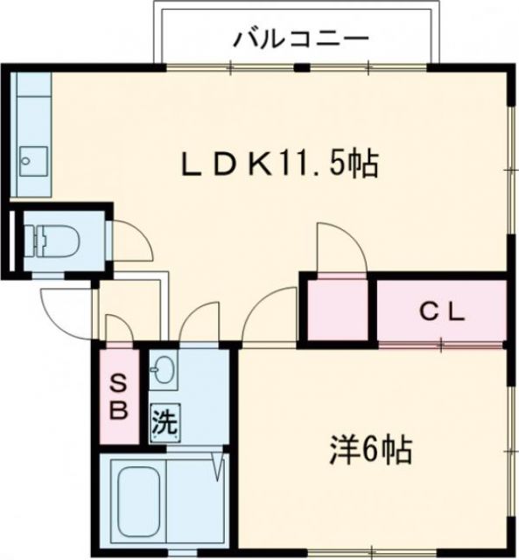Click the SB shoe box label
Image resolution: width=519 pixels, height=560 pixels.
click(118, 395)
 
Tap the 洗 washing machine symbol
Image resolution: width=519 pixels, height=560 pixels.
click(164, 424)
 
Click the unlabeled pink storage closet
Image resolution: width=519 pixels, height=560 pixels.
click(338, 311)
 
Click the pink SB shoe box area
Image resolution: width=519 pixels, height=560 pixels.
click(118, 395)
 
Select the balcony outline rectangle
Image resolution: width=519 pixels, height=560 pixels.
click(295, 35)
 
